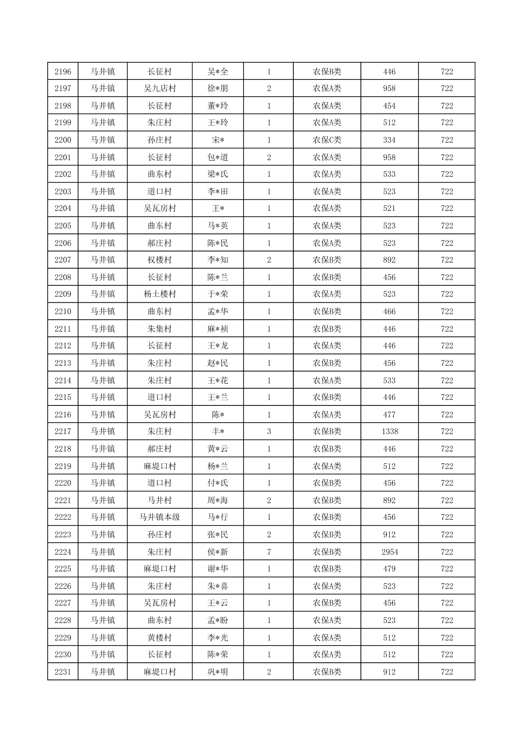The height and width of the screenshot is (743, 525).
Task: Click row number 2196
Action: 63,71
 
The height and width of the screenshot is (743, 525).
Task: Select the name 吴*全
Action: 217,71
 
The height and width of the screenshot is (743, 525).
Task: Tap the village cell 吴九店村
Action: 160,88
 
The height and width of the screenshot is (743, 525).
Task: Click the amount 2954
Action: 390,552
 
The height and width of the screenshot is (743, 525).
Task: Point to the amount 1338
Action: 390,432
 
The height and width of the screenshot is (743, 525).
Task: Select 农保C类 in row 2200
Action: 327,140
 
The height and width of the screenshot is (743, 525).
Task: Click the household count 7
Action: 269,552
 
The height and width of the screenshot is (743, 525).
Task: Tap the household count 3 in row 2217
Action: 269,432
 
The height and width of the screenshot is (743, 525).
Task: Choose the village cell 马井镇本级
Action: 160,517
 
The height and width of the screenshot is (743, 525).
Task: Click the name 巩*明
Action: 217,672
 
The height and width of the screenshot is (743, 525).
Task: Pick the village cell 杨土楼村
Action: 160,294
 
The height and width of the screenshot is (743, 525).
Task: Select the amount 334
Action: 389,140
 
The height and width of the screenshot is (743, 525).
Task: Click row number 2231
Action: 63,672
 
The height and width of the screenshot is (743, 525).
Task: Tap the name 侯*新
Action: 217,552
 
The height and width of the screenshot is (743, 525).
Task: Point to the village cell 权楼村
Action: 160,260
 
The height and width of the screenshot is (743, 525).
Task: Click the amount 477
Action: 389,415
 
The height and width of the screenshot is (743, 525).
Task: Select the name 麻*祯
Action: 217,329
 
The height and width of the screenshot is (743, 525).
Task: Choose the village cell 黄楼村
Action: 160,638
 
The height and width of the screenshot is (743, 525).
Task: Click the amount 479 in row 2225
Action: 389,569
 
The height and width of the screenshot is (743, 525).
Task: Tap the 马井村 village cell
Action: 160,500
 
